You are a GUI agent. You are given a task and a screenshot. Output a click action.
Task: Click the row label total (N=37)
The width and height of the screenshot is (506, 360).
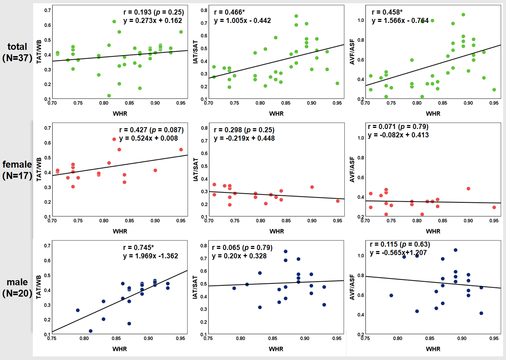pos(17,52)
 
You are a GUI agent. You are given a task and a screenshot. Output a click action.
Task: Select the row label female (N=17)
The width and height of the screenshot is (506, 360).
pos(17,170)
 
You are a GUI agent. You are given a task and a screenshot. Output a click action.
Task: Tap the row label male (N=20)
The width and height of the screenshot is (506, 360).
pos(17,287)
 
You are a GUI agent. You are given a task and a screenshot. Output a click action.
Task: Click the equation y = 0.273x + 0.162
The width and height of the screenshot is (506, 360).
pos(153,21)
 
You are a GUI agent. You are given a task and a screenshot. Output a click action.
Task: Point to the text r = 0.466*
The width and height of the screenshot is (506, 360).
pos(229,12)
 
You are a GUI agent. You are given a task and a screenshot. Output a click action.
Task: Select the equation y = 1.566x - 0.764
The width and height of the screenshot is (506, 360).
pos(400,21)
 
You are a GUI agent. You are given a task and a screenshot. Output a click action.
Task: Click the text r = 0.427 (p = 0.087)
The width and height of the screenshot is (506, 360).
pos(151,130)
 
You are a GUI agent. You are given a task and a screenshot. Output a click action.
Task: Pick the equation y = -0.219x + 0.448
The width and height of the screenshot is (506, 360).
pos(244,138)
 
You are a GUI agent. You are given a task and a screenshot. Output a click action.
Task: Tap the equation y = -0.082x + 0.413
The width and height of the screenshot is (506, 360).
pos(398,135)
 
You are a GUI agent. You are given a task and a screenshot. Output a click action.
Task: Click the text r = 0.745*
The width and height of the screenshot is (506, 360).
pos(139,248)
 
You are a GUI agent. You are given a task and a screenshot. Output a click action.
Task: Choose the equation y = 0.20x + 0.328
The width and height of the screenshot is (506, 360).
pos(239,256)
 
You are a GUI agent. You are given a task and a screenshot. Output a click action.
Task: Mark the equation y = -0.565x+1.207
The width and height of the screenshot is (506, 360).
pos(398,253)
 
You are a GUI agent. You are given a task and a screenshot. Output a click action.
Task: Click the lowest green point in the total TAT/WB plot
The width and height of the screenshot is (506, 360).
pos(109,96)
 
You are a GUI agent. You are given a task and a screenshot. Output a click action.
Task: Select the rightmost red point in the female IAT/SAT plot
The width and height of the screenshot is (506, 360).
pos(338,201)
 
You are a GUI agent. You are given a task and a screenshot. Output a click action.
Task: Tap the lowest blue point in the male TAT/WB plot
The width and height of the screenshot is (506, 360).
pos(91,331)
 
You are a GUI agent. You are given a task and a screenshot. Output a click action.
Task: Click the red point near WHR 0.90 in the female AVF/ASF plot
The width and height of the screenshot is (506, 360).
pos(468,189)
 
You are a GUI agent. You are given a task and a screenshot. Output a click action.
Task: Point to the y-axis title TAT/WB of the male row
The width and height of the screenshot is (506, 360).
pos(39,287)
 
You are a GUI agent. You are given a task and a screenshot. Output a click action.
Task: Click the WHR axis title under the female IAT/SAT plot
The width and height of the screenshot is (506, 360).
pos(277,231)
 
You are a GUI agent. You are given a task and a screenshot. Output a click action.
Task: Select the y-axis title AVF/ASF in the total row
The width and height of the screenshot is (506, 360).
pos(352,52)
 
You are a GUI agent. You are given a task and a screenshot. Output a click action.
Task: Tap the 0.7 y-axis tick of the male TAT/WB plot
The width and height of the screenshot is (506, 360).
pos(47,246)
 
